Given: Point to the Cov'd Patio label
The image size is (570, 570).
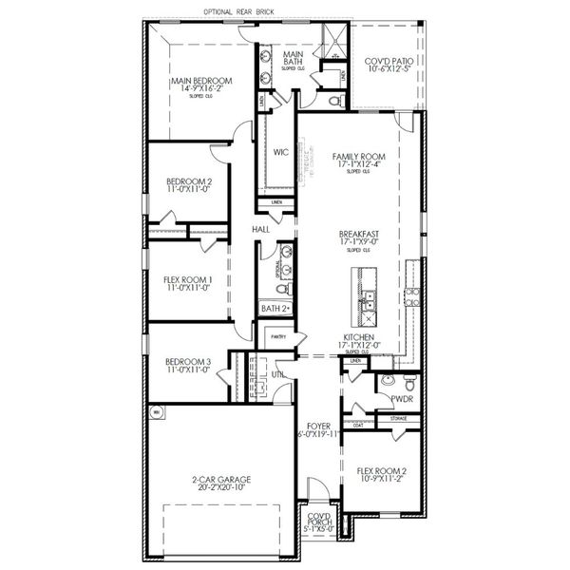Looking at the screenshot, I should [388, 62].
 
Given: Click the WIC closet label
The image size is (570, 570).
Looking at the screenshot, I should [280, 151].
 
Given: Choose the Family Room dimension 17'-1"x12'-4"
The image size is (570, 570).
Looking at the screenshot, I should [357, 163].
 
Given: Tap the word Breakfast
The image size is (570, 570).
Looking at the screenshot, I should [359, 233].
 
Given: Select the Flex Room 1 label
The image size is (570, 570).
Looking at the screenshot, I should [187, 280].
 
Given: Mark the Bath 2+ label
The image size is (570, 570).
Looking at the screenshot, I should [275, 309].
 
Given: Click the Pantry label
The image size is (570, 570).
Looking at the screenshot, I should [278, 336].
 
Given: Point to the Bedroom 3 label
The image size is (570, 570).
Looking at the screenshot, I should [188, 362].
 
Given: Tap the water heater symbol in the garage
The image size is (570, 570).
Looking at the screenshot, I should [156, 411].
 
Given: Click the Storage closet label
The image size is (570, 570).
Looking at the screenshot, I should [399, 417].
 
